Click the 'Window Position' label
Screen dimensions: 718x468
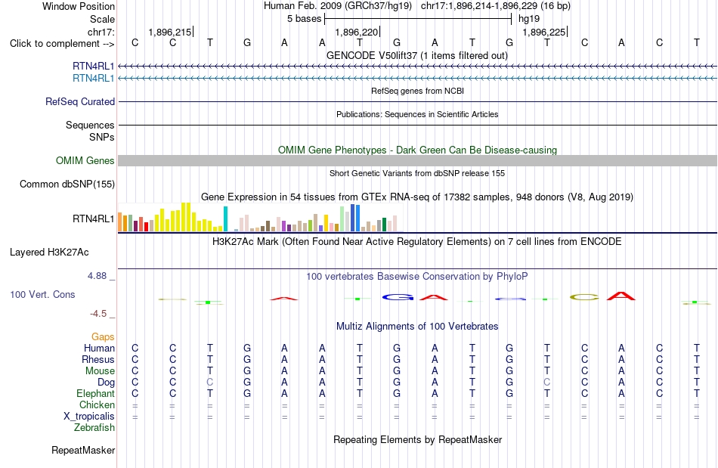pyautogui.click(x=79, y=6)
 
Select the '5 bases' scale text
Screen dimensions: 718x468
pyautogui.click(x=304, y=19)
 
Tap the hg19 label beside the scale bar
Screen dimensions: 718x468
pyautogui.click(x=529, y=19)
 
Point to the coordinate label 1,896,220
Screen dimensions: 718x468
pyautogui.click(x=357, y=32)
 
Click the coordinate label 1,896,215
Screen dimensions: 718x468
pyautogui.click(x=170, y=32)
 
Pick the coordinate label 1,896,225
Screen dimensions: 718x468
pyautogui.click(x=544, y=32)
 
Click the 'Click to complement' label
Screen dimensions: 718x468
pyautogui.click(x=62, y=44)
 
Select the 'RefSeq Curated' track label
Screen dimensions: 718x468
pyautogui.click(x=80, y=101)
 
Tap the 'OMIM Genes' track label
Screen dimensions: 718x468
pyautogui.click(x=85, y=161)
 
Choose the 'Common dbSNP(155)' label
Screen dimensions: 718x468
pyautogui.click(x=67, y=184)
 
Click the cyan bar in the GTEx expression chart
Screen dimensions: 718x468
pyautogui.click(x=225, y=219)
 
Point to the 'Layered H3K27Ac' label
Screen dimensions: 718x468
pyautogui.click(x=49, y=253)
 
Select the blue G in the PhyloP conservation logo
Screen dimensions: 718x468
pyautogui.click(x=398, y=297)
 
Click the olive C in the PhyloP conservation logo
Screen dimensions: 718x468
pyautogui.click(x=584, y=297)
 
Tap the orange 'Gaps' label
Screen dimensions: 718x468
pyautogui.click(x=103, y=337)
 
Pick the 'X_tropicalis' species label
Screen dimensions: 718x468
pyautogui.click(x=89, y=417)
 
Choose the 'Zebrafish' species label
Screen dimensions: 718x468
pyautogui.click(x=94, y=428)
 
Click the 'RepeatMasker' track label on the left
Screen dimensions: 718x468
pyautogui.click(x=83, y=451)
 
